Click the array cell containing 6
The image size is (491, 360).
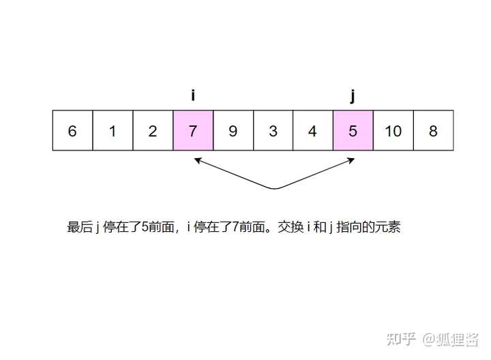pos(72,130)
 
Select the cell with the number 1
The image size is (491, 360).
pos(113,130)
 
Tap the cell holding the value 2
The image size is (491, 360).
pos(153,130)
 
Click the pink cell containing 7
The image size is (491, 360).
pos(193,130)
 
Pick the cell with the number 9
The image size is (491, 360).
pos(233,130)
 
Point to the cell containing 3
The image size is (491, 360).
pos(273,130)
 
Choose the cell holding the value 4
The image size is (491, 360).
pos(313,130)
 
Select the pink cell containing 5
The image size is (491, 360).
pos(353,130)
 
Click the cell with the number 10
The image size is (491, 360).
pos(393,130)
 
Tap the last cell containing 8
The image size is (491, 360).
pos(433,130)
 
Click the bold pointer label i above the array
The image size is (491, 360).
pos(193,95)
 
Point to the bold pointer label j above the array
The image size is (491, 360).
pos(353,96)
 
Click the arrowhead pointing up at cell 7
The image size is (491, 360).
pos(196,161)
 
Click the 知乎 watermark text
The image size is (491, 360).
pos(400,337)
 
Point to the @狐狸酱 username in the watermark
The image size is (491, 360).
pos(451,337)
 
